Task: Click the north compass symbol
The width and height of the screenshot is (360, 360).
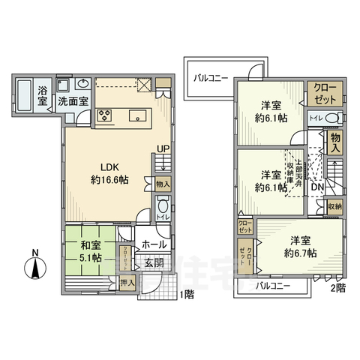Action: point(34,265)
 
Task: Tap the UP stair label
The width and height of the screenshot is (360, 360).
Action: point(160,149)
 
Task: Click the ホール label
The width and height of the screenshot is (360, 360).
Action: point(155,243)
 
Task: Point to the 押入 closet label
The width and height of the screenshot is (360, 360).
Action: point(127,283)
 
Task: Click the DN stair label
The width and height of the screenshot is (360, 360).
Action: point(317,187)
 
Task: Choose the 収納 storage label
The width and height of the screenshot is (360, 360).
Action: point(334,206)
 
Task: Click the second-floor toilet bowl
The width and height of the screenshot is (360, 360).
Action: point(335,118)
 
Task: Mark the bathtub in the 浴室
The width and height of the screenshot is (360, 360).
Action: point(24,95)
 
